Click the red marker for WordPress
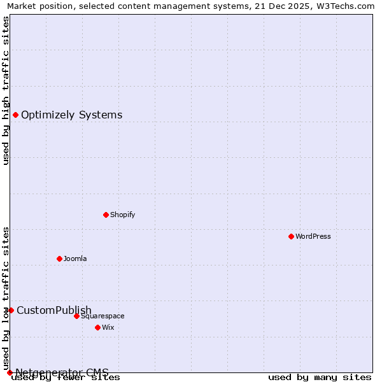291,236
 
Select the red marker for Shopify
106,215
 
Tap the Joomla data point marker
59,258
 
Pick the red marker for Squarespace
76,316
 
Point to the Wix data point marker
97,327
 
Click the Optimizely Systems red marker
15,115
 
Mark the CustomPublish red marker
11,310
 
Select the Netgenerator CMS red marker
10,372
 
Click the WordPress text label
313,236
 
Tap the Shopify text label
123,215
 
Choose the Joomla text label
75,258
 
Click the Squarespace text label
103,316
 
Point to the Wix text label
108,327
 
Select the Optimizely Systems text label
72,115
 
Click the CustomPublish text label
54,311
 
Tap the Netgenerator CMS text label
62,372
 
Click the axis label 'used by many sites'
320,378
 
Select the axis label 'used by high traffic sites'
6,90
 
